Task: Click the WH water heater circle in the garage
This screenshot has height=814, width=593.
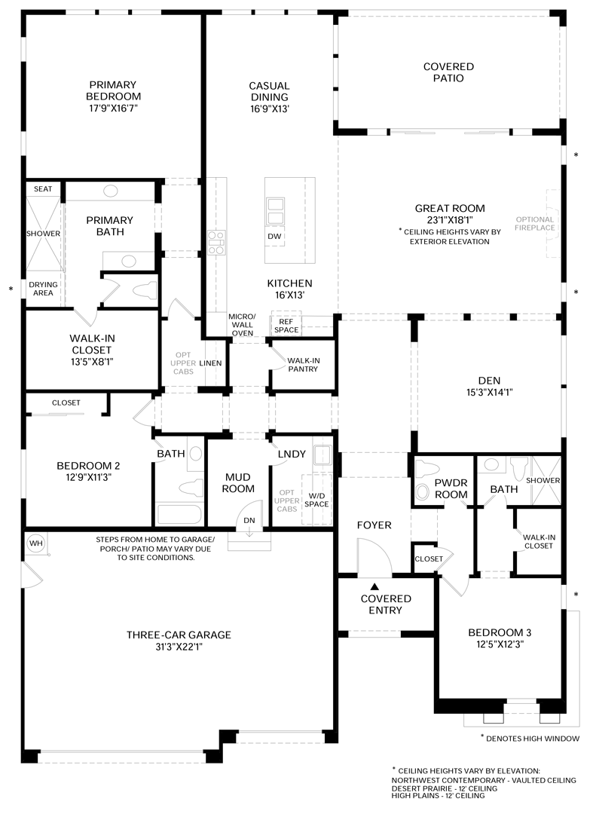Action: pos(36,543)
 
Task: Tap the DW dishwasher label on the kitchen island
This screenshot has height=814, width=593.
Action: pos(274,236)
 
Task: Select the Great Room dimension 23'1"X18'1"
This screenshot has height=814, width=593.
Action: pos(450,219)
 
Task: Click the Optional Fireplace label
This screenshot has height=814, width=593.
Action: pos(534,223)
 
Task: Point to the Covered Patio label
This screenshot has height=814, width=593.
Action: pos(449,72)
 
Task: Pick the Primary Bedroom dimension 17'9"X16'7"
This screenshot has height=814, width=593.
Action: pos(113,108)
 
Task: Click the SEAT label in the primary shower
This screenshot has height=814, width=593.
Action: pos(43,189)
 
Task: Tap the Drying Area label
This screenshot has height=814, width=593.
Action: pos(43,289)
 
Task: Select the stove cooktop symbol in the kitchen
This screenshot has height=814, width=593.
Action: pos(216,243)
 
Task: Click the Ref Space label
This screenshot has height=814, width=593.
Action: pos(286,326)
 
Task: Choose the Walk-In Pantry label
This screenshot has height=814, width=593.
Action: pos(303,365)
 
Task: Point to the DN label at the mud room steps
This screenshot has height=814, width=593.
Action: pos(249,520)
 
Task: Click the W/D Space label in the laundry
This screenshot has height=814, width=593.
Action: pos(316,500)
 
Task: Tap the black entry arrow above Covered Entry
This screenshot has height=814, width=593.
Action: pos(374,586)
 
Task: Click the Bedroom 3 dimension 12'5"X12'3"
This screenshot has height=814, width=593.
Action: pos(500,644)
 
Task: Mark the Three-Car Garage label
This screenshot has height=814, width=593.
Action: pos(179,635)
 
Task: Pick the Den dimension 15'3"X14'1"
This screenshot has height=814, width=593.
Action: pos(489,393)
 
